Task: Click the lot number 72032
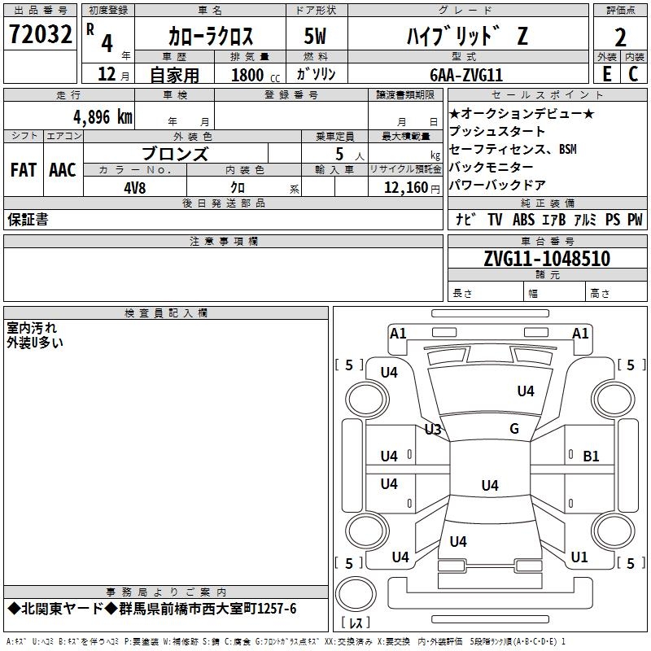coord(40,37)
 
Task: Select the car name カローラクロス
coord(211,37)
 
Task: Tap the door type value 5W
coord(316,37)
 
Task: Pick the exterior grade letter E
coord(606,73)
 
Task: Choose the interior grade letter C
coord(633,73)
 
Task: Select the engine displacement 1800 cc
coord(251,75)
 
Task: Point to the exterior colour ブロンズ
coord(175,154)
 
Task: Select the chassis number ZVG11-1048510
coord(546,259)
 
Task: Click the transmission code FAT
coord(23,170)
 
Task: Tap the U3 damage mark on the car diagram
coord(433,429)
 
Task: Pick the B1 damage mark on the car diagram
coord(591,457)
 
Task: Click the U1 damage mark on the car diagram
coord(579,557)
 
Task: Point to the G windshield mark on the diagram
coord(514,429)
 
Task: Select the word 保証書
coord(28,220)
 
